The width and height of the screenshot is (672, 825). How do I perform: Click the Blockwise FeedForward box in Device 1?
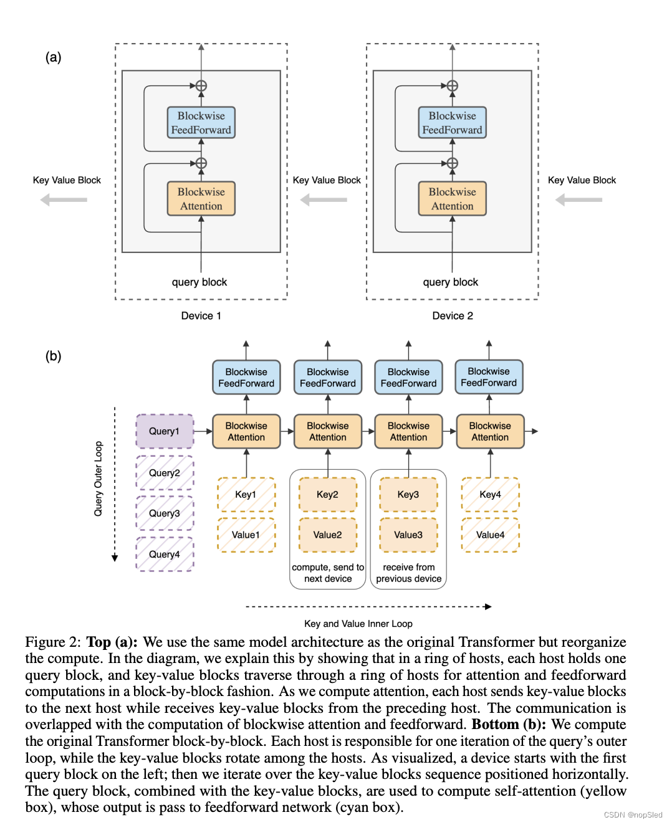(201, 123)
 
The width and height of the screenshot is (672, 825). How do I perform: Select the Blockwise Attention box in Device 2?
(453, 199)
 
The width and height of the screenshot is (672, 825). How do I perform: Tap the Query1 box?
(165, 431)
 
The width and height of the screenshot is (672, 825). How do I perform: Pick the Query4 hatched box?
(165, 554)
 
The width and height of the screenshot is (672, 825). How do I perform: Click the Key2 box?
(327, 495)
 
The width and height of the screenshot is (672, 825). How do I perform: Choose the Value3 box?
(408, 535)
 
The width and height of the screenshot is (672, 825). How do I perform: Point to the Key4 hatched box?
(490, 495)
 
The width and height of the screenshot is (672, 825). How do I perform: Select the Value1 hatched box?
(246, 535)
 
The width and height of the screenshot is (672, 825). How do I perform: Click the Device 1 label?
(201, 316)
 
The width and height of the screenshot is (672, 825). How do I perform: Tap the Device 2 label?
(453, 316)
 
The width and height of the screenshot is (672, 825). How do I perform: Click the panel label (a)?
(53, 57)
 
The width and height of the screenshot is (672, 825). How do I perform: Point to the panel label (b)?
(53, 356)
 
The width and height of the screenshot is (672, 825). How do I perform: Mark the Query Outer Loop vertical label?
(98, 479)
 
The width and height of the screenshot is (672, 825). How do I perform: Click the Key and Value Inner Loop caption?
(358, 624)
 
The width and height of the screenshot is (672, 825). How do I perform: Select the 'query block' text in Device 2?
(451, 282)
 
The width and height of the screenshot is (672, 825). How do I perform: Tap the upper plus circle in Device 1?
(201, 86)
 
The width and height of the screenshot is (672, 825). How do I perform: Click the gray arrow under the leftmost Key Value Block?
(64, 200)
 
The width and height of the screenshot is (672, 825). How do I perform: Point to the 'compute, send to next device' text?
(328, 573)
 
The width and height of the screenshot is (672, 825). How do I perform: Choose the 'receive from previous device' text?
(409, 573)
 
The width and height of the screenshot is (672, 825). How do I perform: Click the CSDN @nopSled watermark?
(633, 815)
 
